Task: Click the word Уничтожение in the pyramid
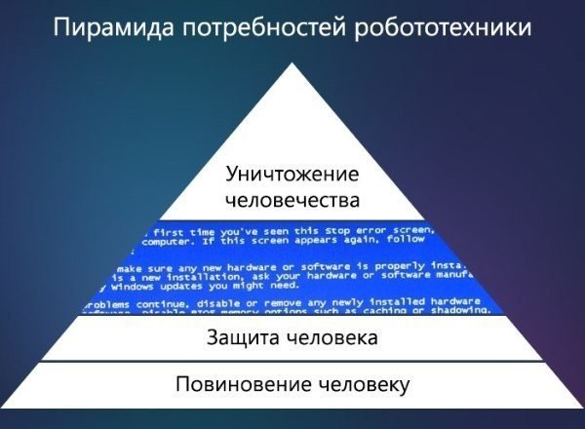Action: click(x=292, y=175)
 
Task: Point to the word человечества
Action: click(x=292, y=200)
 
